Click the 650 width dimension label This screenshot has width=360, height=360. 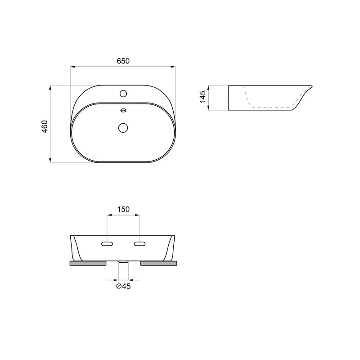coord(123,61)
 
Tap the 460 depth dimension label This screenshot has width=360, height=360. coord(44,126)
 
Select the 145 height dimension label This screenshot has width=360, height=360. coord(202,97)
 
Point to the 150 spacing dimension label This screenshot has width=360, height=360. coord(123,209)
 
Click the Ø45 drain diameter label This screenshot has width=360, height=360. coord(123,286)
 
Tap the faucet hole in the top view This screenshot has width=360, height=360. coord(123,94)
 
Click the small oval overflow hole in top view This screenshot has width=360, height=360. coord(123,110)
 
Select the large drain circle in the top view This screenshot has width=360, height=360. coord(123,128)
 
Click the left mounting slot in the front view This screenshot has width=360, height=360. coord(107,244)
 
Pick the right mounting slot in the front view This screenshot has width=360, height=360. coord(139,244)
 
